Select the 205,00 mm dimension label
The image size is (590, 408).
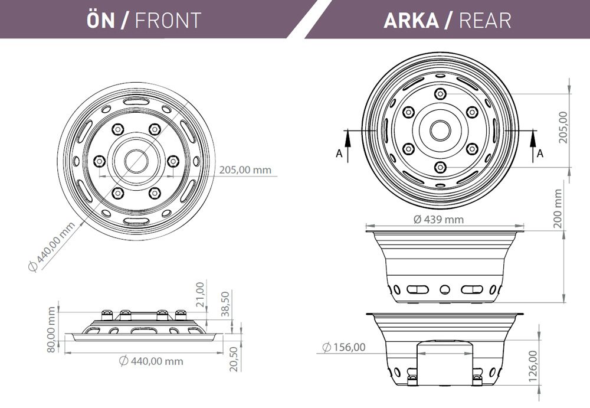coord(245,170)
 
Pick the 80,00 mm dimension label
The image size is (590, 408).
coord(52,329)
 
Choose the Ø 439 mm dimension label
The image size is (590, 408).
coord(438,219)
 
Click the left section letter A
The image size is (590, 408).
coord(339,154)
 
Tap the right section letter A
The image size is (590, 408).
coord(540,154)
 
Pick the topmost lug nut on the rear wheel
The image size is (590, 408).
coord(439,93)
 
